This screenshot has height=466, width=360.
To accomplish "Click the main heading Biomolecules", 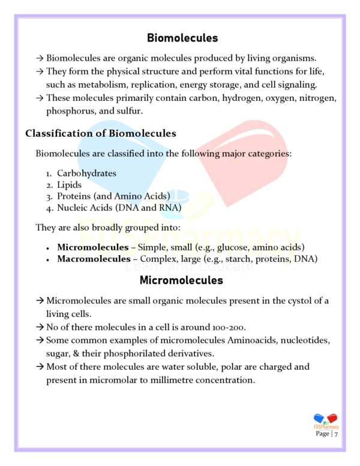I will point(182,38).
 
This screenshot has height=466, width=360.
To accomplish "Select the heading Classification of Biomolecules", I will point(100,133).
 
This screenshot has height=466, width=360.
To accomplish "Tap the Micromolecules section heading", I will point(181,280).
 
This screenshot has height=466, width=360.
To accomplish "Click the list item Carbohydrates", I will point(86,174).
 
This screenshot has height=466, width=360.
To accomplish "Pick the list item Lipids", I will point(69,185).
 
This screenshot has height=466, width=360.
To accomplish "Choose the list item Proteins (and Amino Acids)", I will point(113,196).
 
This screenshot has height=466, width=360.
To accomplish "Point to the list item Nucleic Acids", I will point(119,208).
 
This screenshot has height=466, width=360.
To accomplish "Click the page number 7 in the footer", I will point(337,434).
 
